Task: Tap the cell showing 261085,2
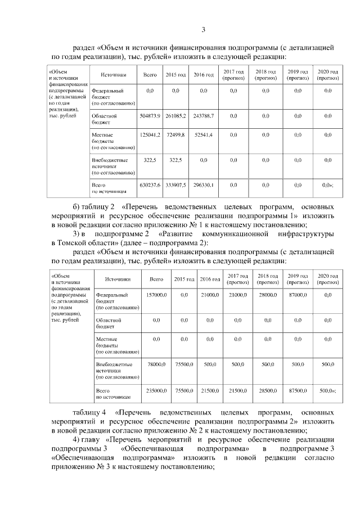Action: (175, 115)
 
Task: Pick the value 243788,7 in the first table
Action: (203, 115)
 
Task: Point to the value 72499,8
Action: (175, 136)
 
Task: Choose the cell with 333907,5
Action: (175, 184)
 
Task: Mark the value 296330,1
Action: (203, 184)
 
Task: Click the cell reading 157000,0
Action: (156, 295)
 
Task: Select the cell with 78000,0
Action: (156, 364)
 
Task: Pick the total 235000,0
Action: (156, 390)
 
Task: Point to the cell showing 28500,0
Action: (265, 390)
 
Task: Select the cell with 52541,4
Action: (203, 136)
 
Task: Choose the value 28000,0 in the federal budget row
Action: (265, 295)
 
